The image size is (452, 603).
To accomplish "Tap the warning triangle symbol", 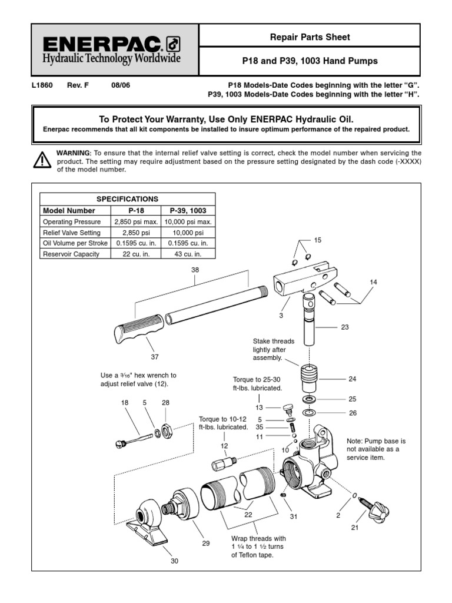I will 42,160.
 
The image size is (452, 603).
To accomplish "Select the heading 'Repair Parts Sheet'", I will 310,37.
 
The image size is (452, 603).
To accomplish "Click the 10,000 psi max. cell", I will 192,222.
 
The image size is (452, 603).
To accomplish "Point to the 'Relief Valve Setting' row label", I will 71,233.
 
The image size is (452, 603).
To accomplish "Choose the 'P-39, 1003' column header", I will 192,211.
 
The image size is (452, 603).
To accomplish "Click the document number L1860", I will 42,85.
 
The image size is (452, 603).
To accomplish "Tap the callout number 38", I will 195,270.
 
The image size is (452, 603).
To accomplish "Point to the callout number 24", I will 352,379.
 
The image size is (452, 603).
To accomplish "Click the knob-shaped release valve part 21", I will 376,509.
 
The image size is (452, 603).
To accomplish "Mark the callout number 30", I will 174,561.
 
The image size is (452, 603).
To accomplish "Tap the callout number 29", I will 206,543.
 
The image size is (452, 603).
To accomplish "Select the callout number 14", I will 373,282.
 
